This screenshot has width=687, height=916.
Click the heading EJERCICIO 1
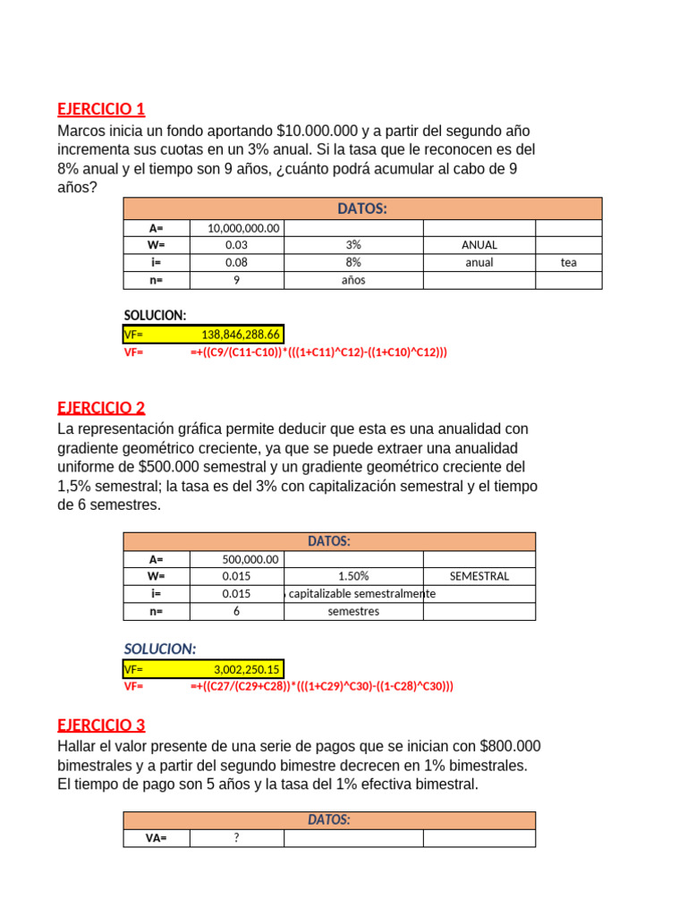[101, 109]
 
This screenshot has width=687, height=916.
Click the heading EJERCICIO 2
[101, 408]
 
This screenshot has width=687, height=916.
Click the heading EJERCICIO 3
[101, 725]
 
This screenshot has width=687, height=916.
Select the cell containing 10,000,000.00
[243, 228]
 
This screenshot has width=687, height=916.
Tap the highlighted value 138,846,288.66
[241, 335]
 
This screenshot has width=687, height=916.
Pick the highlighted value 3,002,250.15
[246, 669]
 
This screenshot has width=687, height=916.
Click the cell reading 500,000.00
[250, 559]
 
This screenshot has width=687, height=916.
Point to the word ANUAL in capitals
[479, 245]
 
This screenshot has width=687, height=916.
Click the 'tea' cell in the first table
[569, 263]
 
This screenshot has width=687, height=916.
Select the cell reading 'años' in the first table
[353, 280]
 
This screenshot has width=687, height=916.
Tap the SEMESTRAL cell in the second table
[479, 576]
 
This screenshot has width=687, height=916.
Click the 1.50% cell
[353, 576]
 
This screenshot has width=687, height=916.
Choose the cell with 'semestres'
[353, 612]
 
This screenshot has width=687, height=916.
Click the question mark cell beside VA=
[237, 838]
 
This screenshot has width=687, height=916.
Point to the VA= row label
[157, 838]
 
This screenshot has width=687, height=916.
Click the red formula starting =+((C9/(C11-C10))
[318, 352]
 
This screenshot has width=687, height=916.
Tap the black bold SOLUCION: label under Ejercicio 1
[155, 316]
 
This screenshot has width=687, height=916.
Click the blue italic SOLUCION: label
[159, 649]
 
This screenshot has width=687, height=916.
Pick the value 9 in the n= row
[237, 280]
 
